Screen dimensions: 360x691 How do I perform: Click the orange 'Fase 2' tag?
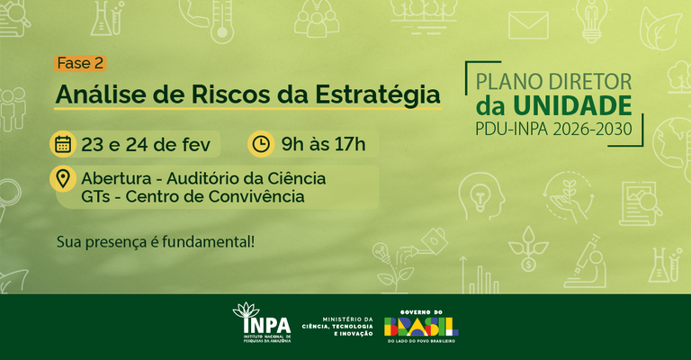(81, 63)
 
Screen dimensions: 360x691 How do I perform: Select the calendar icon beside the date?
(63, 143)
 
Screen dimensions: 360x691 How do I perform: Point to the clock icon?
(260, 143)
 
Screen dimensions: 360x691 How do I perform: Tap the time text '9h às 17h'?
(323, 143)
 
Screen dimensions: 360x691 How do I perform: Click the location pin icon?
(63, 178)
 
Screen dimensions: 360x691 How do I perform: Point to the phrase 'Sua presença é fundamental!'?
(155, 241)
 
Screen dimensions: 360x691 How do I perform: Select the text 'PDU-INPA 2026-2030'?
(553, 130)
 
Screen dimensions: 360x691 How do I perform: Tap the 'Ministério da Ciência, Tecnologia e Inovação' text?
(337, 326)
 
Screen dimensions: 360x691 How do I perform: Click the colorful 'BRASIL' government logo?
(421, 324)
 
